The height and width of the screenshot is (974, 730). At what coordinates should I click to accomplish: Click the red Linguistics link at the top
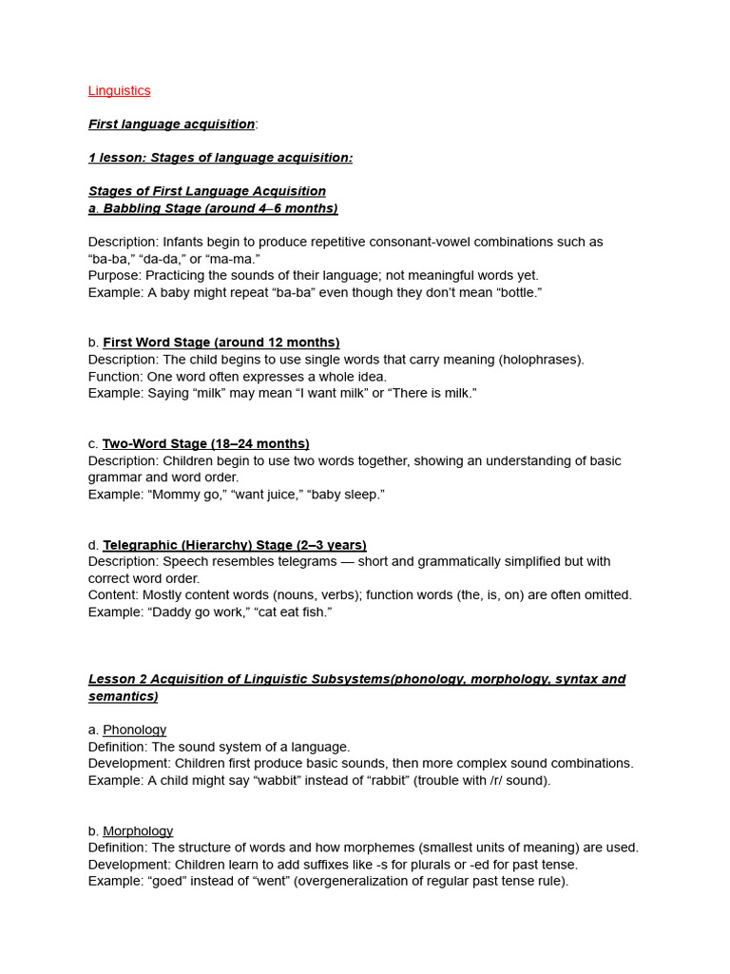tap(119, 90)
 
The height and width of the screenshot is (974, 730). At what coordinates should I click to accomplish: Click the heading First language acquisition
tap(171, 124)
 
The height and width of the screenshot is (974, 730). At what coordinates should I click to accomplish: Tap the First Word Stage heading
tap(221, 342)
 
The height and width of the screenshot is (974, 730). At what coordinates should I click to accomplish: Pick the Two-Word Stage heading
tap(205, 443)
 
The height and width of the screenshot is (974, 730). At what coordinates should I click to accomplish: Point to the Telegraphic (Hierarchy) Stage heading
tap(234, 545)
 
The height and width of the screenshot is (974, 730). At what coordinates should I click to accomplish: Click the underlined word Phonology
tap(134, 730)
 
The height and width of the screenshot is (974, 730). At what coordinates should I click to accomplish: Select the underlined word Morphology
tap(138, 831)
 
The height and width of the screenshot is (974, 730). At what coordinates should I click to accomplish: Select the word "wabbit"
tap(281, 781)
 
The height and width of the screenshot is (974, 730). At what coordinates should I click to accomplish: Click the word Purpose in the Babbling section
tap(115, 276)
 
